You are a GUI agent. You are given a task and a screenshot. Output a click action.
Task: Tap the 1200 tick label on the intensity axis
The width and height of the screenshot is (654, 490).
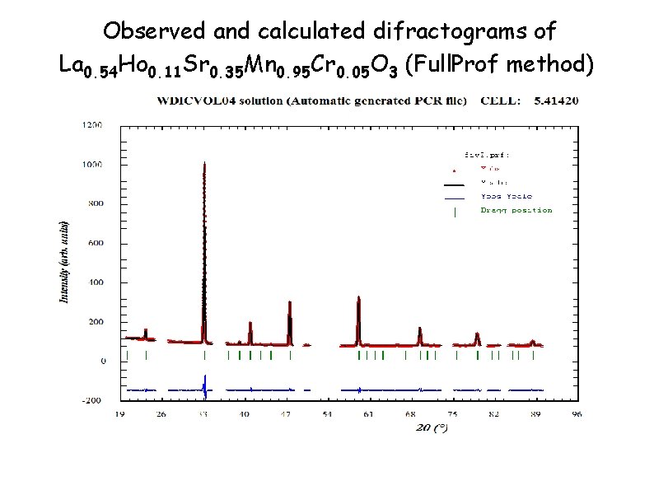[91, 125]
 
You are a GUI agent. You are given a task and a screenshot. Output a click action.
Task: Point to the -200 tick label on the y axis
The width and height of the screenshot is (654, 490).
[91, 400]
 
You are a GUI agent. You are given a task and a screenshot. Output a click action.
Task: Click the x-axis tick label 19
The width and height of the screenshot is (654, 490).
[120, 414]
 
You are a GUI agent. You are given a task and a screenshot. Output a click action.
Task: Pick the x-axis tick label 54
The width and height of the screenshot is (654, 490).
[327, 414]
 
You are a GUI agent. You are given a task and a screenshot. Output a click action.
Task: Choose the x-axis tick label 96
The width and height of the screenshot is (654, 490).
[577, 414]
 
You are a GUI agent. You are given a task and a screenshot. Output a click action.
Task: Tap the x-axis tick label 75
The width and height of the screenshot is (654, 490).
[452, 414]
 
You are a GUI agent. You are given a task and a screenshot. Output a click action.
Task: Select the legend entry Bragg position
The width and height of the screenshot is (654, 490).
[516, 210]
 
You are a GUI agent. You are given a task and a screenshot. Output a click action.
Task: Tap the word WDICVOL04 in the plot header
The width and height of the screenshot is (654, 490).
[194, 101]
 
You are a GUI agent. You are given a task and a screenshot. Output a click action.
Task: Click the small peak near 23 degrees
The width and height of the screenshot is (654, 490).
[146, 332]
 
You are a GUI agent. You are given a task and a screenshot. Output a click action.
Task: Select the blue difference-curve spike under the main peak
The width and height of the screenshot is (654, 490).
[204, 385]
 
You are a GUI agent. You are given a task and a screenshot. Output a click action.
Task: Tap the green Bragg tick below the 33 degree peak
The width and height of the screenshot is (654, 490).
[204, 355]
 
